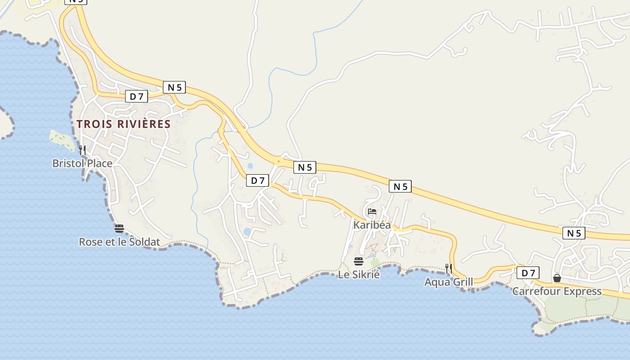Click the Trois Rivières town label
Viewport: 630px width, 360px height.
[x=123, y=124]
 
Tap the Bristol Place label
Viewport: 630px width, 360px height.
[x=82, y=163]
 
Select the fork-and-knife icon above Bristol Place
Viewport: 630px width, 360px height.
[x=82, y=150]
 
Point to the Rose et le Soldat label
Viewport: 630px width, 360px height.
[x=119, y=242]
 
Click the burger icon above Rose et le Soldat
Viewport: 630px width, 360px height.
[x=119, y=229]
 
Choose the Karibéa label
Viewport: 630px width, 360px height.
[x=372, y=225]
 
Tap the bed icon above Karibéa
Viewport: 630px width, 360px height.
[x=372, y=211]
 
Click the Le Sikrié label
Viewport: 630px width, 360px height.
[x=359, y=274]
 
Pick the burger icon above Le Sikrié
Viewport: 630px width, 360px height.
[x=359, y=261]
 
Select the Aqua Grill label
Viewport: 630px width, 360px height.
[x=449, y=282]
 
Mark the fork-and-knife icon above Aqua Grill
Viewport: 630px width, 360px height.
[x=449, y=269]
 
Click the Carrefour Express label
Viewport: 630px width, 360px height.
[x=557, y=291]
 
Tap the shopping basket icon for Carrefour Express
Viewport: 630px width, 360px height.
[x=557, y=278]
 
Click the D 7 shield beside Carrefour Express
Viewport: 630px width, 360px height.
[x=528, y=273]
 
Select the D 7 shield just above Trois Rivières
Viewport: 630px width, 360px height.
[x=136, y=96]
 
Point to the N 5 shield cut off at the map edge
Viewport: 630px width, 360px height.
[x=76, y=1]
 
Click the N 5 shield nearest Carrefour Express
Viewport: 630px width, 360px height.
[x=574, y=233]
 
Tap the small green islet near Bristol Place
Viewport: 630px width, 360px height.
[x=63, y=140]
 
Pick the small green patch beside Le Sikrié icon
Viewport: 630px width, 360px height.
[x=374, y=262]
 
